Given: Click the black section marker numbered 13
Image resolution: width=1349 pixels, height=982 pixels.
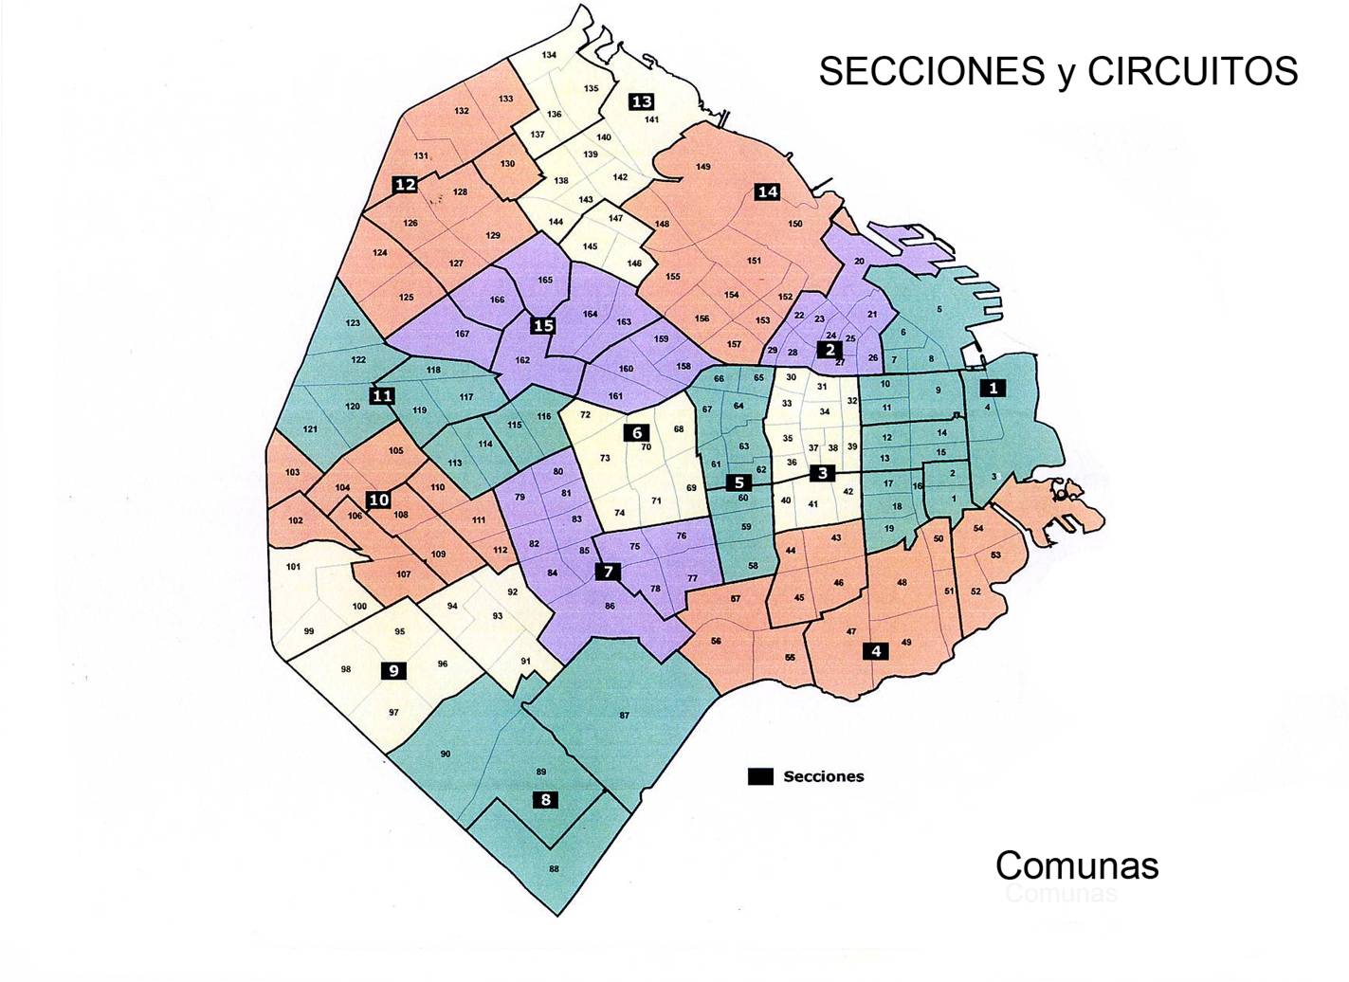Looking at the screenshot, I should point(642,101).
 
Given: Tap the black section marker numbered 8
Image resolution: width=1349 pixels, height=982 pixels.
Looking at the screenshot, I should point(545,799).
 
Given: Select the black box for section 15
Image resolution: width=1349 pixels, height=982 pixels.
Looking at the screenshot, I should point(543,326).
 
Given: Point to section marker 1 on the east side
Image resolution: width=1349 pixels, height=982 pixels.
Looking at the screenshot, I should point(993,388).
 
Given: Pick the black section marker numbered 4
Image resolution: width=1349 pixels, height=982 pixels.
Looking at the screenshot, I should point(876,651).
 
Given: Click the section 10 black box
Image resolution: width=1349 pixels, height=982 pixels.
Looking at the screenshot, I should point(379,500).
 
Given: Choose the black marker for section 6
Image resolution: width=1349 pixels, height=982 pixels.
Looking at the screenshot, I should point(637,432).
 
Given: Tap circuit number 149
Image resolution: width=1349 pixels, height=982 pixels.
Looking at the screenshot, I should point(703,167).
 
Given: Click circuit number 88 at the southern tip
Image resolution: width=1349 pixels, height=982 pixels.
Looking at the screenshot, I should point(554,868).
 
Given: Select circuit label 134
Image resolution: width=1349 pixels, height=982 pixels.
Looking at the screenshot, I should point(549,55).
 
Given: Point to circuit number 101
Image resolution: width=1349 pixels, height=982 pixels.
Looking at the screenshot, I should point(293,567).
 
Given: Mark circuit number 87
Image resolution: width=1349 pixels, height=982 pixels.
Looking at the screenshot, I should point(624,715).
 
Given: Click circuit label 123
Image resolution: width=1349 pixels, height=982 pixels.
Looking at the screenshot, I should point(353,323).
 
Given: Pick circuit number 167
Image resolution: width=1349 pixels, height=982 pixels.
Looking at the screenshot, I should point(462,334).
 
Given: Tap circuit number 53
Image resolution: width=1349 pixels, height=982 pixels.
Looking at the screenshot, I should point(995,555).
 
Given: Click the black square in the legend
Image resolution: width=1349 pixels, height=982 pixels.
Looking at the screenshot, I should point(759,776).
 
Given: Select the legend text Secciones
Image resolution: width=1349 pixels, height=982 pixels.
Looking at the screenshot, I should point(824,776).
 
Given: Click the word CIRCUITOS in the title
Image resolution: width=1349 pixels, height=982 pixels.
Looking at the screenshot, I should point(1193,71).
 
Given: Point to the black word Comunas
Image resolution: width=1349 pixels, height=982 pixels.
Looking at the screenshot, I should point(1077,864).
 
